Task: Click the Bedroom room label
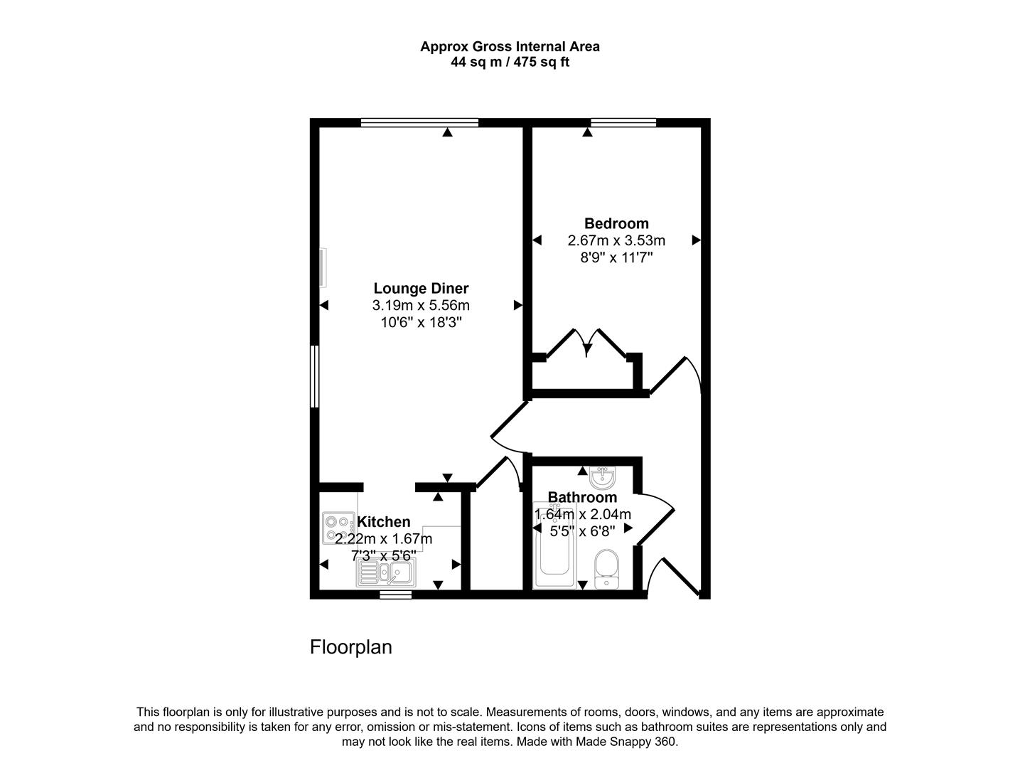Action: coord(616,223)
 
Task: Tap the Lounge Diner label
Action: coord(421,288)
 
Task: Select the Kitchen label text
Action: coord(384,522)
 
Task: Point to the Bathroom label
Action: coord(582,497)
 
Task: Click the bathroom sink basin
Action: coord(603,476)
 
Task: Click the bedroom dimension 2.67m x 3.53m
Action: coord(616,240)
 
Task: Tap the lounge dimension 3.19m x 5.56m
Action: coord(421,305)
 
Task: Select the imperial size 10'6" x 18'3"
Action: coord(421,322)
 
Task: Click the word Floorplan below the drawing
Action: coord(351,647)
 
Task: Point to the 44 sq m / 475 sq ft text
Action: coord(510,62)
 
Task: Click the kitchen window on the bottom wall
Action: coord(395,594)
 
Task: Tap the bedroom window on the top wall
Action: coord(623,122)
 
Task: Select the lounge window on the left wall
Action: coord(314,376)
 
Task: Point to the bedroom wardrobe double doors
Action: coord(586,346)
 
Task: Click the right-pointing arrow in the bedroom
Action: coord(697,240)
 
